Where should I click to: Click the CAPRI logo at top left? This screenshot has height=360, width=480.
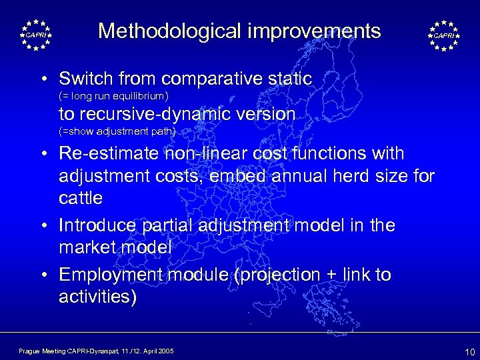click(x=35, y=35)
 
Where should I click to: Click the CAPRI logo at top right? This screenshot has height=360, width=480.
click(x=444, y=35)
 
